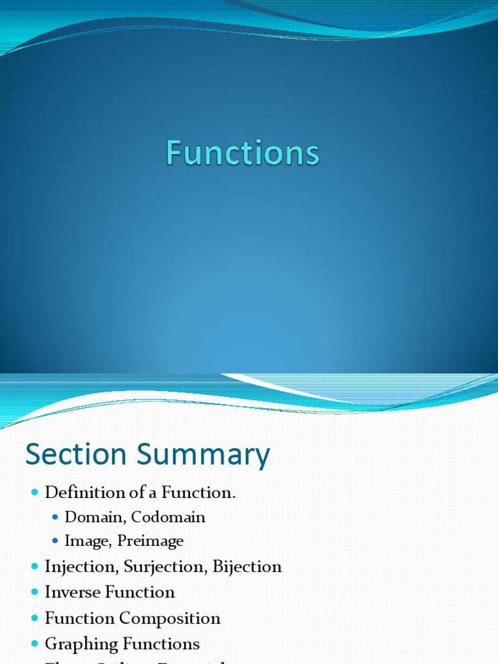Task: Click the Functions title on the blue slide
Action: click(243, 154)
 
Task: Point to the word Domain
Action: click(90, 517)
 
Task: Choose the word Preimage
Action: click(150, 541)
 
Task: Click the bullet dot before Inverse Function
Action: click(34, 593)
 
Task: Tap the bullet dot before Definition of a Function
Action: click(34, 493)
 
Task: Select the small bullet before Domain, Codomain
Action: click(55, 517)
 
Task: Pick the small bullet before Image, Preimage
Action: click(55, 541)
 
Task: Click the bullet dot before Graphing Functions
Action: click(34, 645)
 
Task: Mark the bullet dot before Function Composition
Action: click(34, 619)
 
